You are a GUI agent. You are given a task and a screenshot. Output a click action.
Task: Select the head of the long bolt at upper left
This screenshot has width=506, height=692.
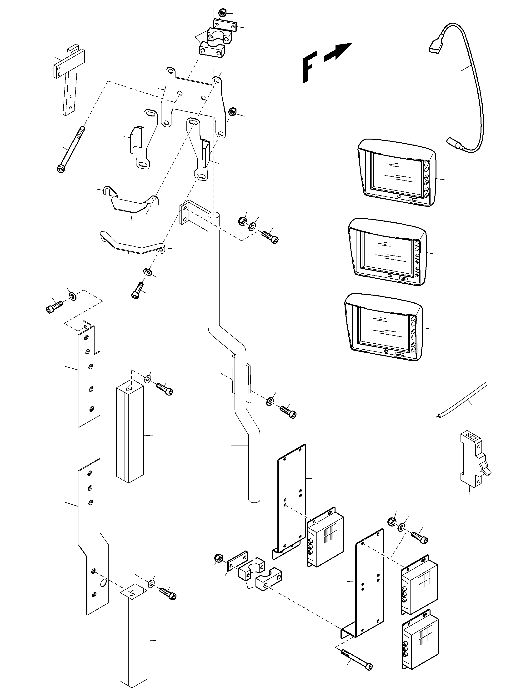click(x=61, y=168)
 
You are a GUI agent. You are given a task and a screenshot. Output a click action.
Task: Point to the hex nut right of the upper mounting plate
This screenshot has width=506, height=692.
click(x=232, y=111)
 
